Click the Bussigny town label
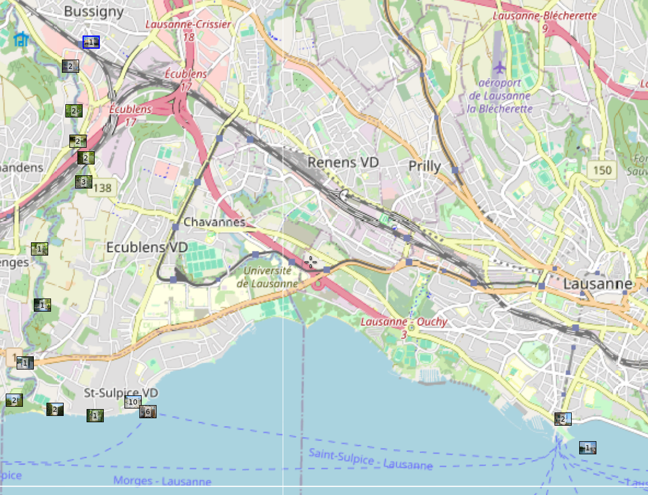coord(93,11)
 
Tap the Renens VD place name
coord(343,163)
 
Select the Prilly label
coord(424,167)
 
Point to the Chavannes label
coord(214,222)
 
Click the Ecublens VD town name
coord(147,247)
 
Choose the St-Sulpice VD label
coord(120,393)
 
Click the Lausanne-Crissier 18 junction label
coord(188,30)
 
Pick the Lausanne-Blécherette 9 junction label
coord(545,21)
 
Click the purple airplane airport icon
coord(500,68)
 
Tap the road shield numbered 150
coord(602,170)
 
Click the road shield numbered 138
coord(103,187)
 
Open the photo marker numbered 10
coord(133,402)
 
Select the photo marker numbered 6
coord(148,411)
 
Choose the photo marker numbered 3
coord(83,182)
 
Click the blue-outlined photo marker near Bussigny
coord(91,42)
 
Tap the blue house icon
coord(21,39)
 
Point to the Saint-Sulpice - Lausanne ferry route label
coord(370,459)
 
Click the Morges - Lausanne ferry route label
coord(162,481)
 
